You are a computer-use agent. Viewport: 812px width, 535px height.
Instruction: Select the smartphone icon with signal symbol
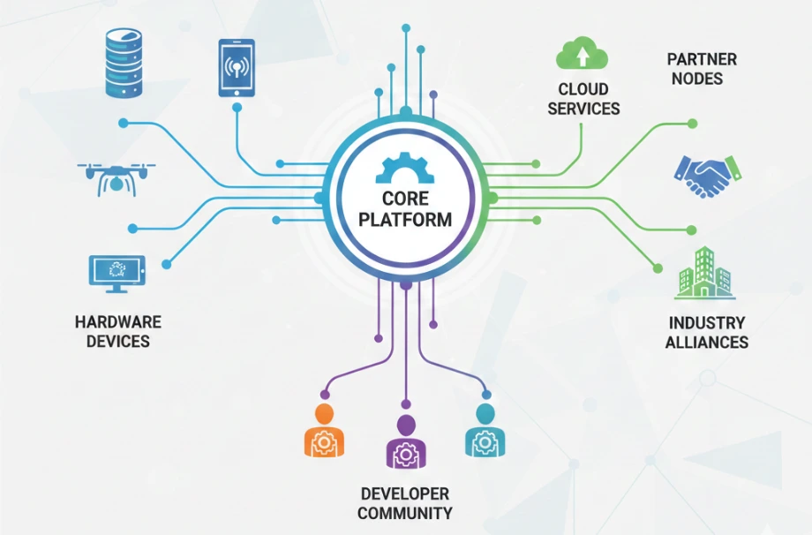coord(237,68)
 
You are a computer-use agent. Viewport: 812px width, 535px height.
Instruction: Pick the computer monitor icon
coord(117,275)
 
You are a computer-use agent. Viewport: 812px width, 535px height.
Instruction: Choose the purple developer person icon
coord(405,441)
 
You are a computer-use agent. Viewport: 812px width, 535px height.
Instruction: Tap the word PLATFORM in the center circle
coord(405,220)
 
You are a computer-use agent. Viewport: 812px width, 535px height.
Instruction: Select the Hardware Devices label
coord(118,332)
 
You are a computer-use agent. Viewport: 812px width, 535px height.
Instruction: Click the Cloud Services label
coord(583,99)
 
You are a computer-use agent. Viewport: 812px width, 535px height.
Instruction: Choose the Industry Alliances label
coord(707,332)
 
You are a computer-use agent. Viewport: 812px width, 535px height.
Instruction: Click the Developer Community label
coord(405,503)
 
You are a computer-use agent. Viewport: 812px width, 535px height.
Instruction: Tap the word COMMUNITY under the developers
coord(405,513)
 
